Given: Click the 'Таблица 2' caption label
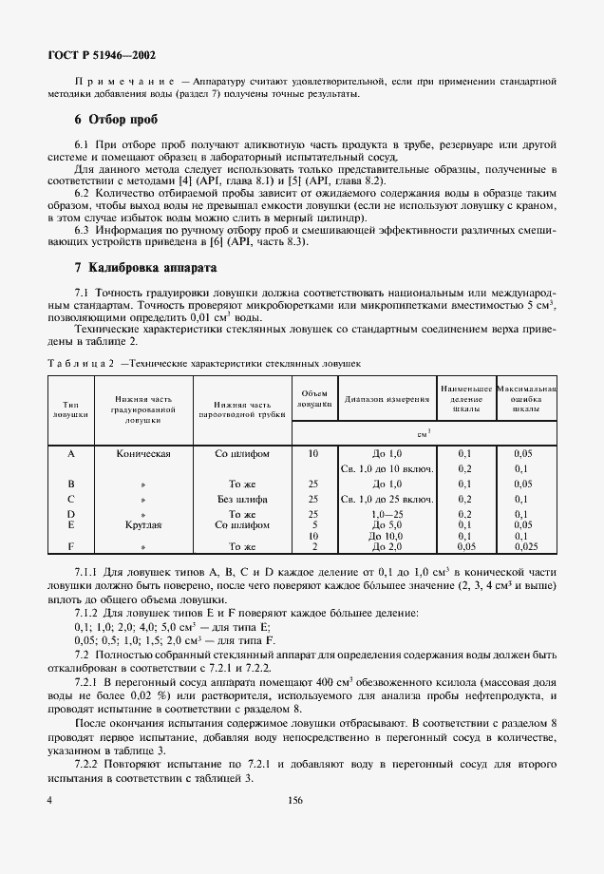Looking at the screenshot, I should click(x=82, y=363).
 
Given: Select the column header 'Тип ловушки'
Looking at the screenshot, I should click(x=70, y=409).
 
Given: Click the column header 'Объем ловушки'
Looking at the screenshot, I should click(x=313, y=399).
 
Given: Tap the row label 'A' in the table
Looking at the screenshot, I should click(x=70, y=454).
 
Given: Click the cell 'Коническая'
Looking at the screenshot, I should click(x=142, y=454).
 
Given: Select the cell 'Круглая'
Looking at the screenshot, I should click(x=142, y=523).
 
